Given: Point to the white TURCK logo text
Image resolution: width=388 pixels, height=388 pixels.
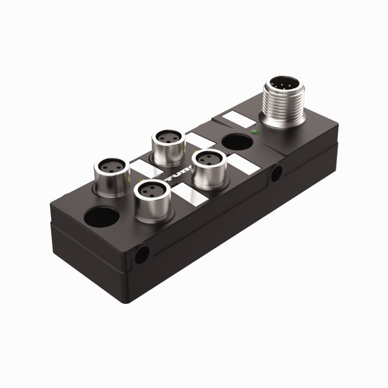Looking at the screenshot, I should click(x=174, y=180).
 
